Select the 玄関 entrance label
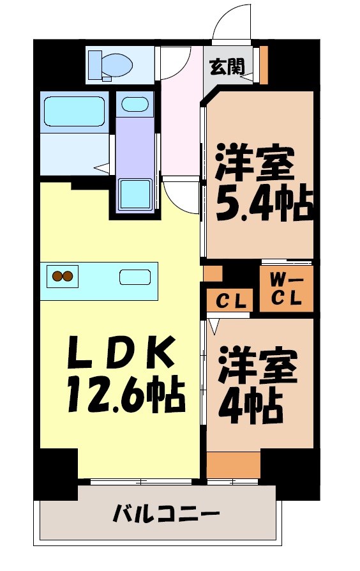(x=227, y=66)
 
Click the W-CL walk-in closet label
(x=286, y=289)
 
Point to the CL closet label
(x=230, y=301)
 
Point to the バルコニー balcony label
(x=167, y=513)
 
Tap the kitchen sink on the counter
(x=135, y=277)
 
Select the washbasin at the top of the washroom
(x=135, y=104)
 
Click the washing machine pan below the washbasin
(x=135, y=193)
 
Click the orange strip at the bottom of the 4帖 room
(x=233, y=464)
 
